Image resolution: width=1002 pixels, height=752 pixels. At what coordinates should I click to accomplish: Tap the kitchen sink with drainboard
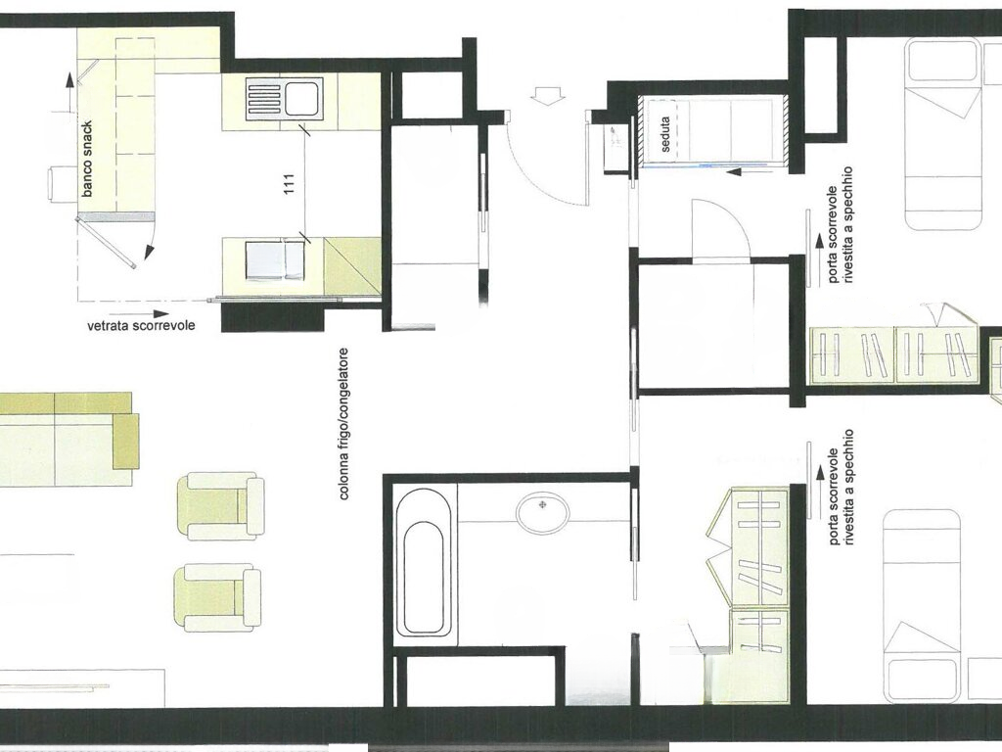click(284, 99)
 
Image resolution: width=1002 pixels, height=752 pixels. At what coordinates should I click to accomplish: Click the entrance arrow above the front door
click(544, 95)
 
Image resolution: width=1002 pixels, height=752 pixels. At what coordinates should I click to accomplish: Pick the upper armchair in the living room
click(225, 505)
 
